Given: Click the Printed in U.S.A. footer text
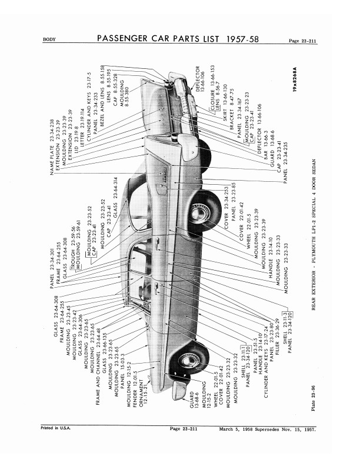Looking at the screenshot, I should click(x=55, y=444).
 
